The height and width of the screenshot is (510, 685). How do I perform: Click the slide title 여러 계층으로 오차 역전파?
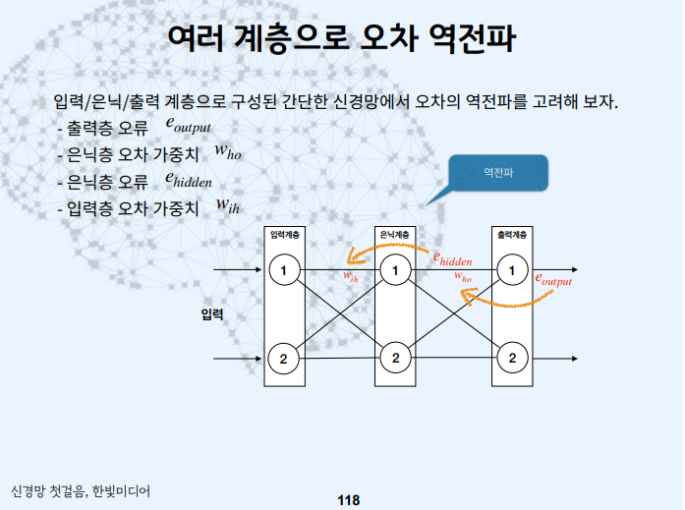pos(341,39)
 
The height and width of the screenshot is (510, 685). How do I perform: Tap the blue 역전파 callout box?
pos(498,173)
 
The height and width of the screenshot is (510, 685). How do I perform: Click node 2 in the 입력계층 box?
pos(284,358)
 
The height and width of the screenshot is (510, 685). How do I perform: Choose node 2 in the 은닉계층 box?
pos(396,358)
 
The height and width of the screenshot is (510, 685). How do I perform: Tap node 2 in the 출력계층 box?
pos(511,358)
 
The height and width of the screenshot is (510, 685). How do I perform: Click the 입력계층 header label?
pos(285,236)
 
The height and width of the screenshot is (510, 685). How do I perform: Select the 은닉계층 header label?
pos(396,236)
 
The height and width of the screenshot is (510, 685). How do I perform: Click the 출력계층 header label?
pos(511,236)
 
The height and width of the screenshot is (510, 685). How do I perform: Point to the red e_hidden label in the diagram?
pos(453,259)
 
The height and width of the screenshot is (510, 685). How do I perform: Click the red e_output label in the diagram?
pos(553,280)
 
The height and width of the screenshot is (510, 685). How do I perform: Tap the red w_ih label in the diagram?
pos(351,277)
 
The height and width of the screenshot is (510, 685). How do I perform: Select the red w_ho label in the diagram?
pos(463,278)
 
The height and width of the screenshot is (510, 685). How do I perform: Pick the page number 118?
pos(348,500)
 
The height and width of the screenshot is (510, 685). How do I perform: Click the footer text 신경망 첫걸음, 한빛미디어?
pos(81,489)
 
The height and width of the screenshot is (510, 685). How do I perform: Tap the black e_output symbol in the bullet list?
pos(188,127)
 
